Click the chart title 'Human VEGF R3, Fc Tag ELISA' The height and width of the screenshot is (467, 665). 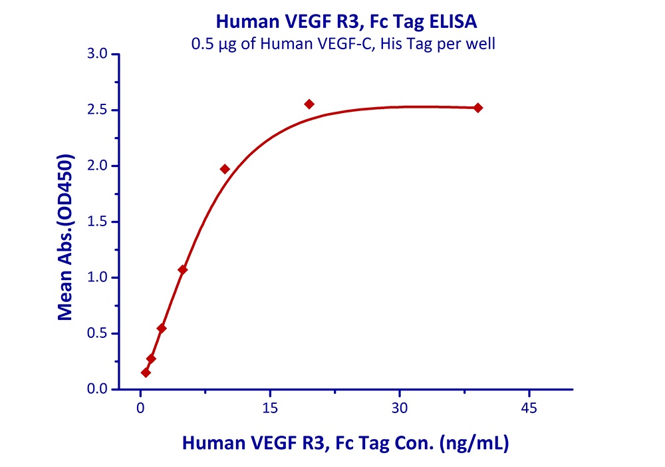(346, 23)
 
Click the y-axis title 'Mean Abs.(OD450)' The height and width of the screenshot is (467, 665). (65, 238)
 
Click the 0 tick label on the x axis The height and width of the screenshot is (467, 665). (140, 407)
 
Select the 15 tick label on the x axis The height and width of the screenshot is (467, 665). (269, 407)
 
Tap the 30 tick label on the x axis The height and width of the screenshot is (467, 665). (399, 407)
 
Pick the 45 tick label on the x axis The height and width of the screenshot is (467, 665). (529, 407)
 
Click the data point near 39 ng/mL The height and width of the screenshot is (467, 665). (477, 108)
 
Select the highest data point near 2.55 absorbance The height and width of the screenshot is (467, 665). (309, 104)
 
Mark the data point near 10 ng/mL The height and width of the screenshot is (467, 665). (225, 169)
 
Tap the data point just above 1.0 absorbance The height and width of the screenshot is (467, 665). (183, 269)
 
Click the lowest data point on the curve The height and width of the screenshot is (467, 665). (146, 373)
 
